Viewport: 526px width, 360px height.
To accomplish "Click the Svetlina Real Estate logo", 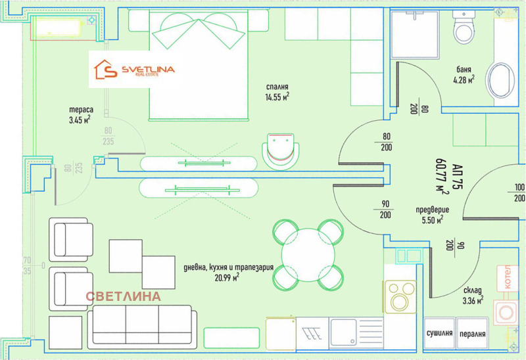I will pos(135,70).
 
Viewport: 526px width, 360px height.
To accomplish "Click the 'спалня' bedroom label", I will pos(277,87).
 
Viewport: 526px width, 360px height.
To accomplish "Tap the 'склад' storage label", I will pos(473,289).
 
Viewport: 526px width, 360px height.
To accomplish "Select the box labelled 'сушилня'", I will pos(439,333).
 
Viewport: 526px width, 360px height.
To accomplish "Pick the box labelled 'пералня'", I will pos(473,333).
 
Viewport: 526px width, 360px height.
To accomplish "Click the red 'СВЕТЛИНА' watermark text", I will pos(123,296).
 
